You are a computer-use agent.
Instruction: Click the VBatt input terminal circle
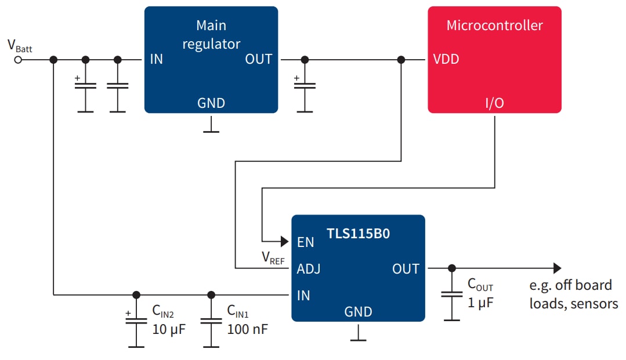[18, 60]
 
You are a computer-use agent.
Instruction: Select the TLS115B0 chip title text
[358, 234]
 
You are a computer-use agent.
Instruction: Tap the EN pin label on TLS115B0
[305, 242]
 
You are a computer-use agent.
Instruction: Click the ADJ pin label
[309, 269]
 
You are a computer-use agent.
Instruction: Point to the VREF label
[273, 257]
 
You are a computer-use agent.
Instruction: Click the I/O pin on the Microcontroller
[494, 103]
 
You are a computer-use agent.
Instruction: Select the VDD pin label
[446, 60]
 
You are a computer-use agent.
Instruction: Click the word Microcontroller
[494, 26]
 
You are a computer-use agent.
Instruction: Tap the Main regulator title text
[211, 35]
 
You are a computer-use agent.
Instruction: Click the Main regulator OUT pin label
[258, 59]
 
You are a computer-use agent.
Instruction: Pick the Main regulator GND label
[211, 103]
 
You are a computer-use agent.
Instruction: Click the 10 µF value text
[169, 329]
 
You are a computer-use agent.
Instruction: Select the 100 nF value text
[247, 329]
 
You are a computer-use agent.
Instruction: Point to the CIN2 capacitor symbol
[136, 321]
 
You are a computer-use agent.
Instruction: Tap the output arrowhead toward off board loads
[557, 268]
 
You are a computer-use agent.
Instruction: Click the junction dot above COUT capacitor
[451, 268]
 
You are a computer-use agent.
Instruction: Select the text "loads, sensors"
[573, 304]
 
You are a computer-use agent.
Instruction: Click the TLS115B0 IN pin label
[303, 296]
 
